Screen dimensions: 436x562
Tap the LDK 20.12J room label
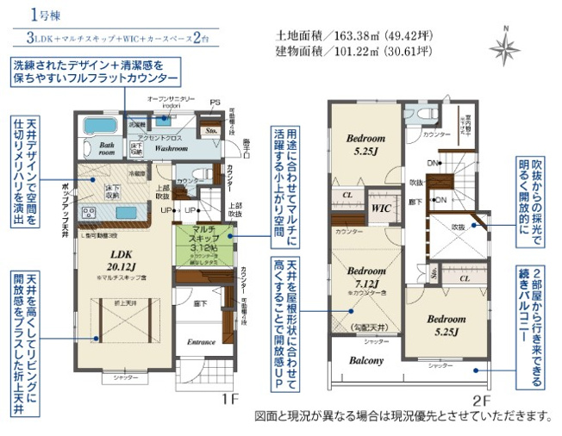click(x=119, y=259)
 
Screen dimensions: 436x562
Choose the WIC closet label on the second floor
click(x=380, y=209)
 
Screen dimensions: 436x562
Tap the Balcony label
click(x=366, y=360)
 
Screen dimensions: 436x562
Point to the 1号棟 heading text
click(x=43, y=15)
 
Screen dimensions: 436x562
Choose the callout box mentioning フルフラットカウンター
click(x=96, y=72)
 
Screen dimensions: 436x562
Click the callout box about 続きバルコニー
click(x=534, y=327)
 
